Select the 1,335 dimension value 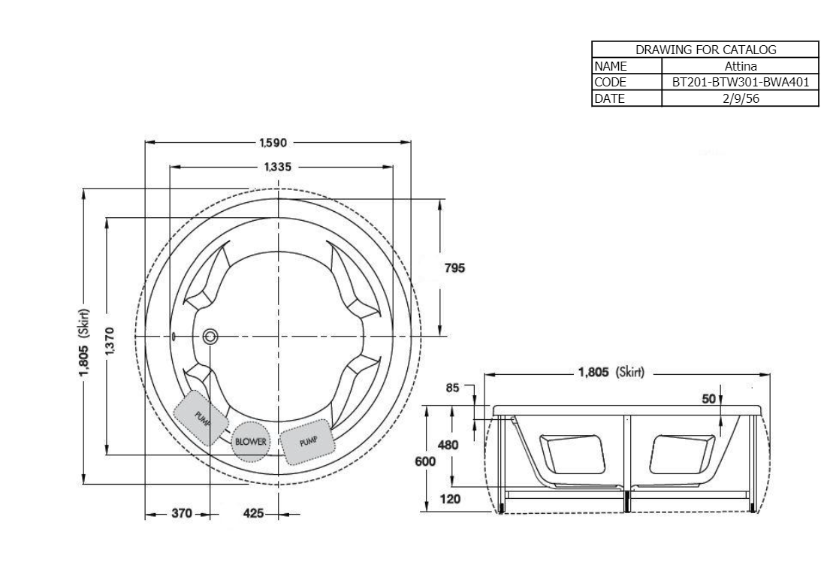[x=277, y=166]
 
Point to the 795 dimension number [x=455, y=267]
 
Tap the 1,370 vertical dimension [x=110, y=337]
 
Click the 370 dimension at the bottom [x=181, y=515]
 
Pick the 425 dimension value [x=253, y=515]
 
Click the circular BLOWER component [x=251, y=442]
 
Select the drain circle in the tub [x=210, y=336]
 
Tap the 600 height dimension [x=427, y=461]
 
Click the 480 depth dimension [x=448, y=445]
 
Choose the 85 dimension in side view [x=452, y=388]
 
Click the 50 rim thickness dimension [x=708, y=399]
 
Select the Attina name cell [x=740, y=66]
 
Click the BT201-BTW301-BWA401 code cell [x=740, y=82]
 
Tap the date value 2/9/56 [x=740, y=98]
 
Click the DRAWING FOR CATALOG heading [x=705, y=50]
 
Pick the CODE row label [x=610, y=82]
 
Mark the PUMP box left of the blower [x=201, y=416]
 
